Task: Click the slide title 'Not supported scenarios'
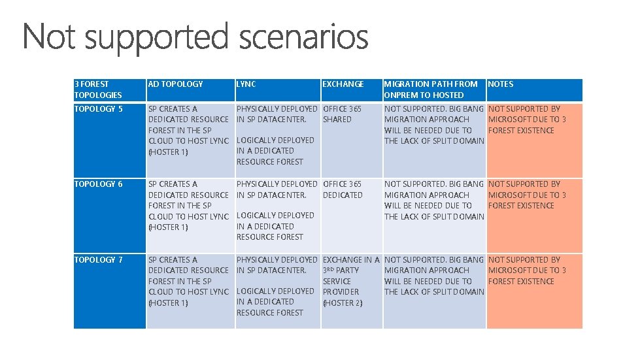pos(195,37)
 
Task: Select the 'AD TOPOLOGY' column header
pos(175,84)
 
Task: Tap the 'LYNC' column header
pos(246,84)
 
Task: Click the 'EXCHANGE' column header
pos(343,84)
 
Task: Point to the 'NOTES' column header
pos(501,84)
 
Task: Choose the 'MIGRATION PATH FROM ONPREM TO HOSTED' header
pos(431,90)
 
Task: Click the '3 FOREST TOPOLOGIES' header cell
pos(98,90)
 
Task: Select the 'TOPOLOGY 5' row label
pos(98,109)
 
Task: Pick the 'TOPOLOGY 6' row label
pos(98,184)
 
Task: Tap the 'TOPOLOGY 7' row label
pos(98,259)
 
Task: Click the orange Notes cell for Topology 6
pos(535,216)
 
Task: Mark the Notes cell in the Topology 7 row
pos(535,291)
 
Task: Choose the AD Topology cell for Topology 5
pos(191,140)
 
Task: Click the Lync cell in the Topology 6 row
pos(278,216)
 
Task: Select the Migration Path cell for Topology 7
pos(434,291)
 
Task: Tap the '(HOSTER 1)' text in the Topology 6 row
pos(168,227)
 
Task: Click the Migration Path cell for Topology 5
pos(434,140)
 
